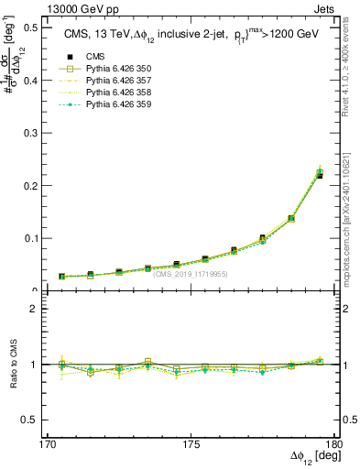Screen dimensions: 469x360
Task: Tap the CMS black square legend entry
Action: tap(83, 57)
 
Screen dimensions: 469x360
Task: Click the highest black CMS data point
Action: tap(319, 174)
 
